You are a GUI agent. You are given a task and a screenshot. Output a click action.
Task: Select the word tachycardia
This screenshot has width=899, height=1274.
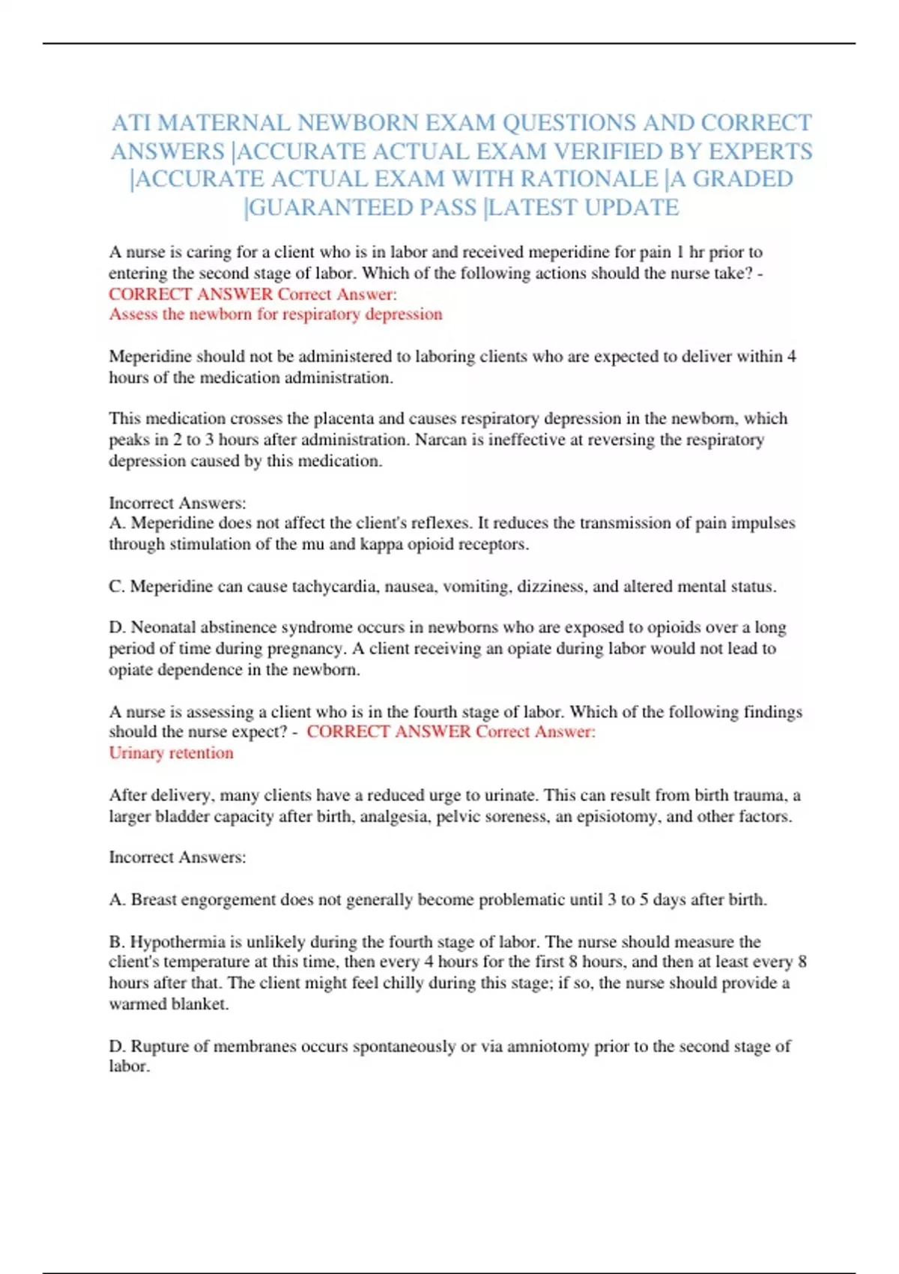[334, 586]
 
